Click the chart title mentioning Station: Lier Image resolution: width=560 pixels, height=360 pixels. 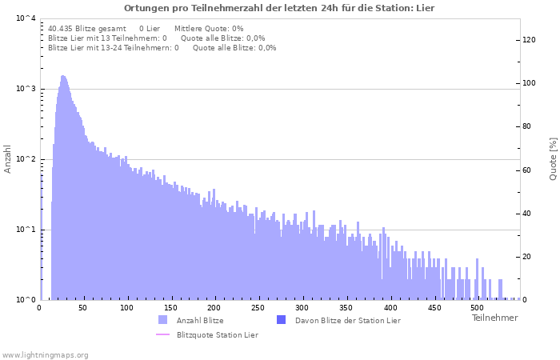coord(279,7)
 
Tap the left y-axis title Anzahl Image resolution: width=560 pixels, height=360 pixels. coord(8,158)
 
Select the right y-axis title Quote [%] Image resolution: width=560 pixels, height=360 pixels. coord(553,158)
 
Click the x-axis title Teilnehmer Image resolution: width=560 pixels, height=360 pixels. coord(494,318)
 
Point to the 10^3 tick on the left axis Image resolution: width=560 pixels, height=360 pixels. coord(26,89)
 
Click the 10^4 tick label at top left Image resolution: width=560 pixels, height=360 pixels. coord(26,18)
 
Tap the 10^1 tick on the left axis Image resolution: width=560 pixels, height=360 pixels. coord(26,230)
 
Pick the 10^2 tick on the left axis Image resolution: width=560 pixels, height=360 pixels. coord(26,159)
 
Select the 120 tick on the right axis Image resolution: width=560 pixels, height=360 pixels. coord(530,40)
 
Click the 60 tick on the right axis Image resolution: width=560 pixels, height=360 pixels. coord(528,170)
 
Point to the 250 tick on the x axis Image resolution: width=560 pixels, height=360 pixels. coord(258,307)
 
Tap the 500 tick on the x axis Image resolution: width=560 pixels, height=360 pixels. coord(477,307)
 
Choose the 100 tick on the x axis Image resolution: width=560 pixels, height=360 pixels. coord(127,307)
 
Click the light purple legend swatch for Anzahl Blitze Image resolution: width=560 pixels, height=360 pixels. coord(163,320)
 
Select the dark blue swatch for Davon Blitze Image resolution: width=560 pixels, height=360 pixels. coord(281,320)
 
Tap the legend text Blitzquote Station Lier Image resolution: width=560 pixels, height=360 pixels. coord(217,334)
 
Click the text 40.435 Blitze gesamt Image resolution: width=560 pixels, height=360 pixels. coord(87,28)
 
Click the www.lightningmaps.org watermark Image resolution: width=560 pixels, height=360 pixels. coord(45,354)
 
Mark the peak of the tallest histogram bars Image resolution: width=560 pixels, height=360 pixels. coord(63,77)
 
